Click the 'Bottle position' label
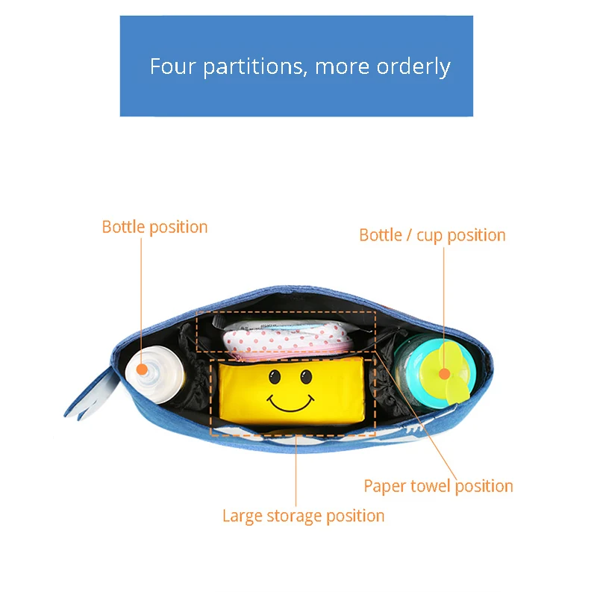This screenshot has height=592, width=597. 154,227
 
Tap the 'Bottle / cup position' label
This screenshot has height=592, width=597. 432,235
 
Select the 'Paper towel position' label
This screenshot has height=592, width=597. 438,486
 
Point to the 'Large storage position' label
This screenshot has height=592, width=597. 303,516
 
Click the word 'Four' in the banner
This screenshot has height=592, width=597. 173,66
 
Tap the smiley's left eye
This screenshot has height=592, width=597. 275,376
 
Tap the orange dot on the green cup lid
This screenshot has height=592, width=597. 444,373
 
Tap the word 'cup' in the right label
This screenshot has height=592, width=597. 429,235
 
